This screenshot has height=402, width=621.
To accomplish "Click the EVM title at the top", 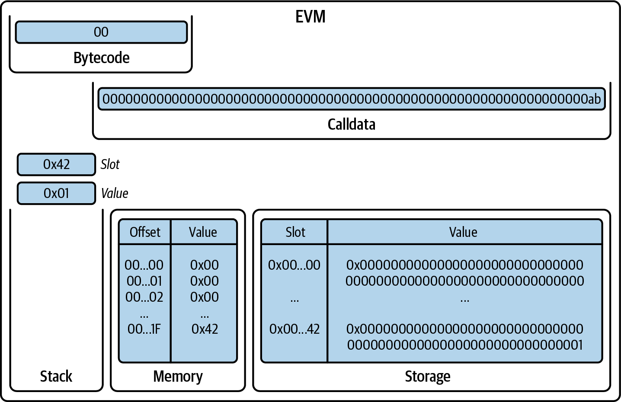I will pos(310,17).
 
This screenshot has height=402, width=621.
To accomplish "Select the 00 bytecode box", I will pos(101,32).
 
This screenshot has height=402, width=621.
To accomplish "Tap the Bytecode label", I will pos(101,57).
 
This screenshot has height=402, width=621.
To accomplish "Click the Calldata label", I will pos(351,124).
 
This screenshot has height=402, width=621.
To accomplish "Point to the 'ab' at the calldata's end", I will pos(594,99).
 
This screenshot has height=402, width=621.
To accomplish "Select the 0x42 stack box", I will pos(56,164).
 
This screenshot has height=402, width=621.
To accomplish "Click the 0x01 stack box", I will pos(56,193).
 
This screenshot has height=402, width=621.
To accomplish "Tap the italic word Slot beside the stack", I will pos(110,164).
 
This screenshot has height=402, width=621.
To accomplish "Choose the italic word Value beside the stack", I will pos(115,193).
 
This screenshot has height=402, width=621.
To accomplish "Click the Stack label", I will pos(56,376).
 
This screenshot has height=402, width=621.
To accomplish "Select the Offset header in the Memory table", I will pos(145,232).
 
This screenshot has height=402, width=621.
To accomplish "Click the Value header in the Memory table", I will pos(203,232).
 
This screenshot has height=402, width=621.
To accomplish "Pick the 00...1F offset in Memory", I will pos(144,329).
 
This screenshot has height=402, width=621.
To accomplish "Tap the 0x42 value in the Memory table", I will pos(205,329).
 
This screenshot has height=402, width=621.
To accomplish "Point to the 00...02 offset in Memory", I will pos(144,297).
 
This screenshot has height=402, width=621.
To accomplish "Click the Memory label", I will pos(178,376).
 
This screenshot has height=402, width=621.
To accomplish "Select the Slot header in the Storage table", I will pos(295,232).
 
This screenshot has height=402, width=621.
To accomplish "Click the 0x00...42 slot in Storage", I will pos(294,329).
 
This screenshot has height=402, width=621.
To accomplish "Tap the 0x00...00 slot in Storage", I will pos(294,265).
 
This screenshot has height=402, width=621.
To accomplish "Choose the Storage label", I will pos(427,376).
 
